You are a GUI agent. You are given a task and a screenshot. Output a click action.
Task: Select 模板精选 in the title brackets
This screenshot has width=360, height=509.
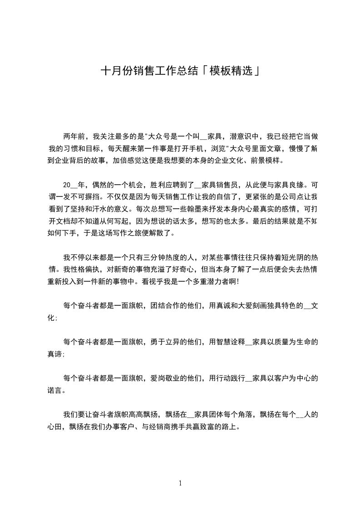[x=229, y=72]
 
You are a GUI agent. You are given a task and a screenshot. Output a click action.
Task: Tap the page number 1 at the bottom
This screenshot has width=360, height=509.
[x=180, y=483]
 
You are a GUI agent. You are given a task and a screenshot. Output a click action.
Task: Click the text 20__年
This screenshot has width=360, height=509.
[x=74, y=185]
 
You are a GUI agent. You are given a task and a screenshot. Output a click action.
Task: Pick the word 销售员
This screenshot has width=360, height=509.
[x=230, y=185]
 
